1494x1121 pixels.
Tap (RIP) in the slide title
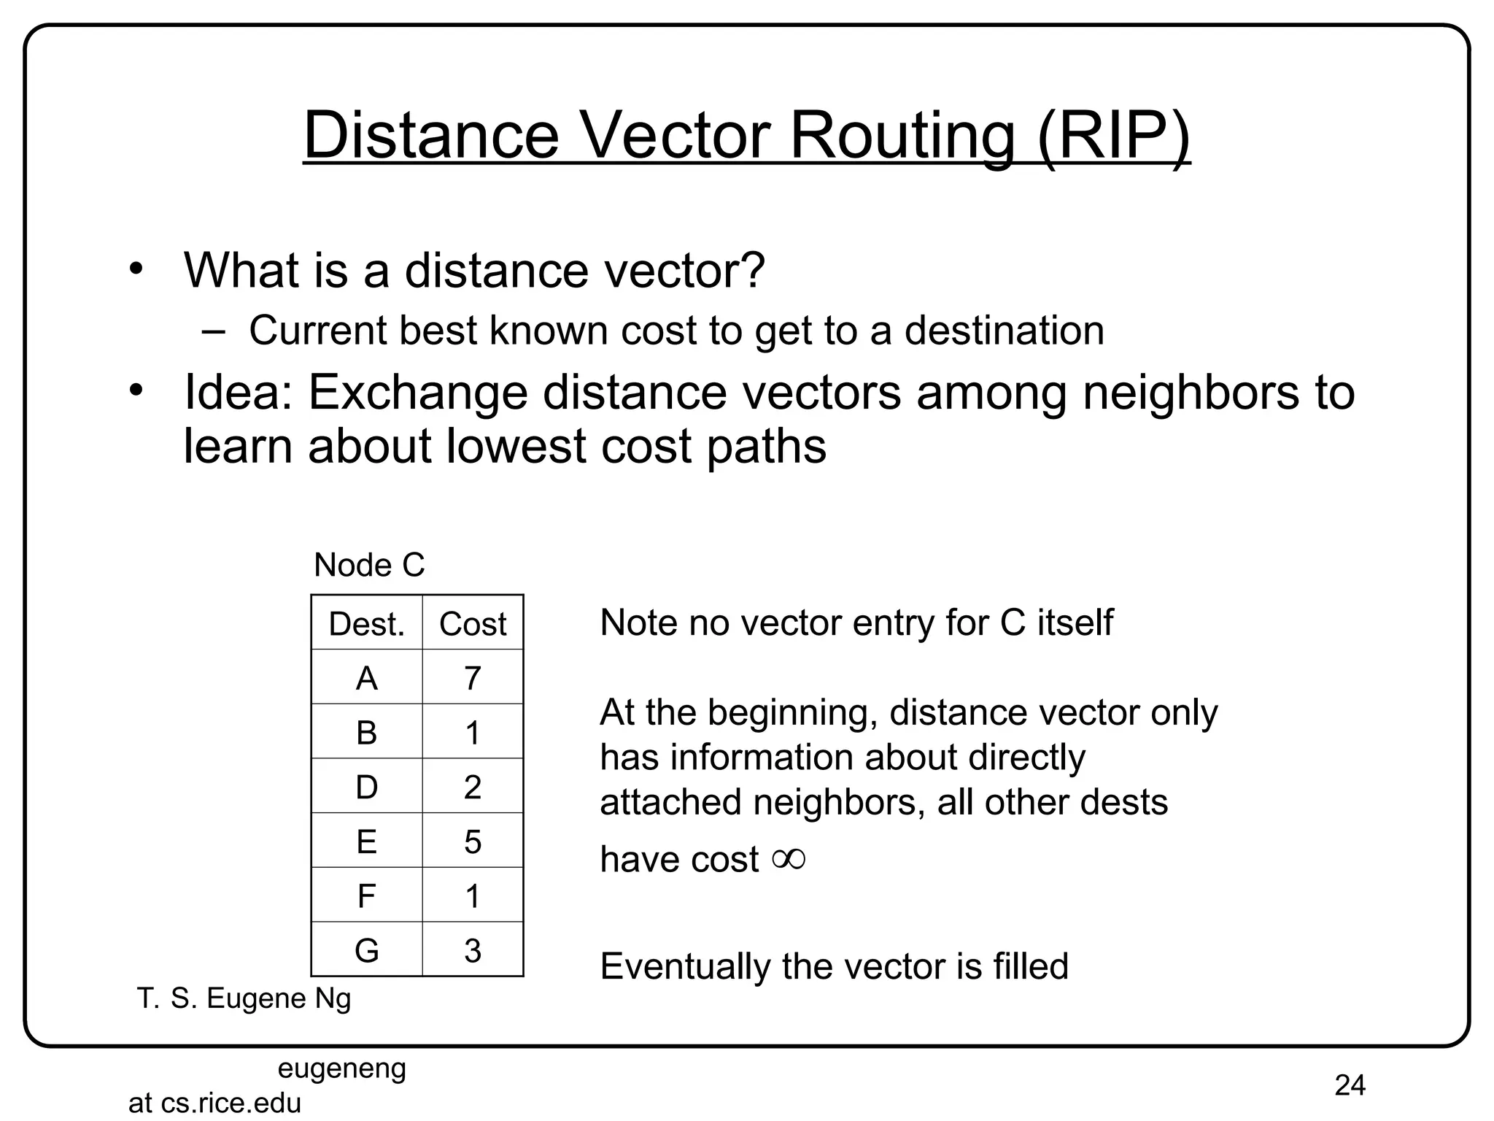coord(1113,136)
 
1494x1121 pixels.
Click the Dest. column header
coord(366,624)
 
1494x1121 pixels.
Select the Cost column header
coord(473,624)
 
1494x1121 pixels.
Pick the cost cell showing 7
coord(473,678)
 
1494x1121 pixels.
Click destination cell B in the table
coord(366,732)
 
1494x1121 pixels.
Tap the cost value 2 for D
coord(473,787)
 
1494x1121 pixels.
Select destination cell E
coord(366,841)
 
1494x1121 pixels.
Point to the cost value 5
coord(473,841)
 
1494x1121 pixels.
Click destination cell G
coord(366,950)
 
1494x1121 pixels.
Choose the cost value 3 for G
coord(473,950)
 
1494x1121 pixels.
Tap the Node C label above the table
coord(369,565)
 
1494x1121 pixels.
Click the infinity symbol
coord(789,859)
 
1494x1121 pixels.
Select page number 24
coord(1350,1085)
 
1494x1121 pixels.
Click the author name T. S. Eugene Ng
coord(244,998)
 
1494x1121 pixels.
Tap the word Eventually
coord(684,966)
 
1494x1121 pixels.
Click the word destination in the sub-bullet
coord(1005,331)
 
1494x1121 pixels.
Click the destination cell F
coord(366,895)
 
